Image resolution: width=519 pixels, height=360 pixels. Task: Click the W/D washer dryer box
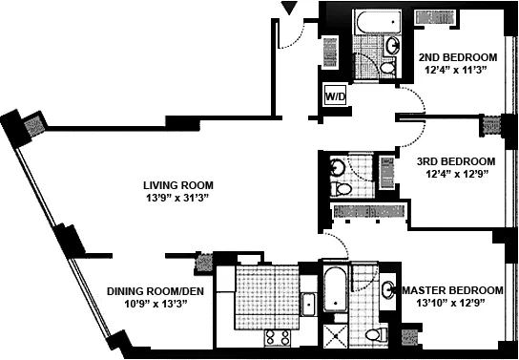pyautogui.click(x=335, y=95)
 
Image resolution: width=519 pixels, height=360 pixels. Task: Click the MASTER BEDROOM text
pyautogui.click(x=452, y=290)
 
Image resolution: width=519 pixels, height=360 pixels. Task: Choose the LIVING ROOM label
pyautogui.click(x=178, y=185)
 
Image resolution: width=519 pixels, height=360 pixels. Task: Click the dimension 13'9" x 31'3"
pyautogui.click(x=176, y=198)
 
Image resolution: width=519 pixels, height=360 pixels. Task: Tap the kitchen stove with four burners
pyautogui.click(x=277, y=337)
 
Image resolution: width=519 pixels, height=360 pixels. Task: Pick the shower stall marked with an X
pyautogui.click(x=334, y=334)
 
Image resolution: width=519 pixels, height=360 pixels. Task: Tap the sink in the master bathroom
pyautogui.click(x=388, y=290)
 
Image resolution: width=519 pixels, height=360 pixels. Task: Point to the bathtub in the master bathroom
pyautogui.click(x=334, y=289)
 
